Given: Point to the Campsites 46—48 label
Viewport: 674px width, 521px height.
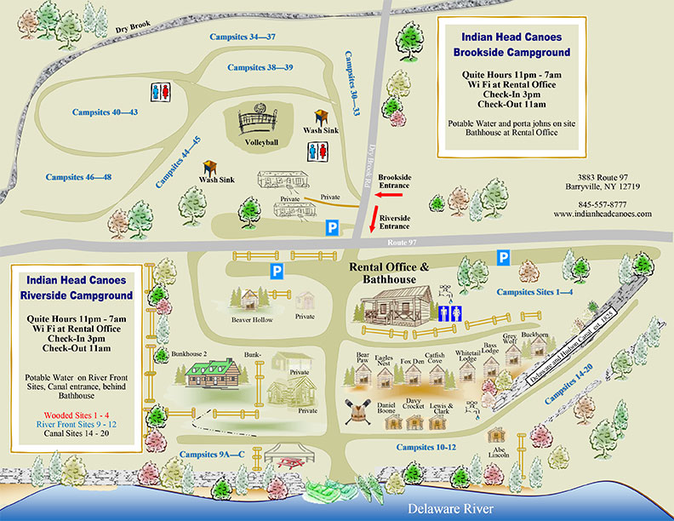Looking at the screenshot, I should point(79,177).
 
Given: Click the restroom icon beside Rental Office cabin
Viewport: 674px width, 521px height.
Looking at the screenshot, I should point(449,312).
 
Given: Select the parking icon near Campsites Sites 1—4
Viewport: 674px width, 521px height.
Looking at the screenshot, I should point(504,256).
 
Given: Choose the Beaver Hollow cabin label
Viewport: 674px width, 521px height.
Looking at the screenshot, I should point(252,320).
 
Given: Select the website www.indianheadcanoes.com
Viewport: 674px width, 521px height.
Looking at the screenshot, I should point(603,215).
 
